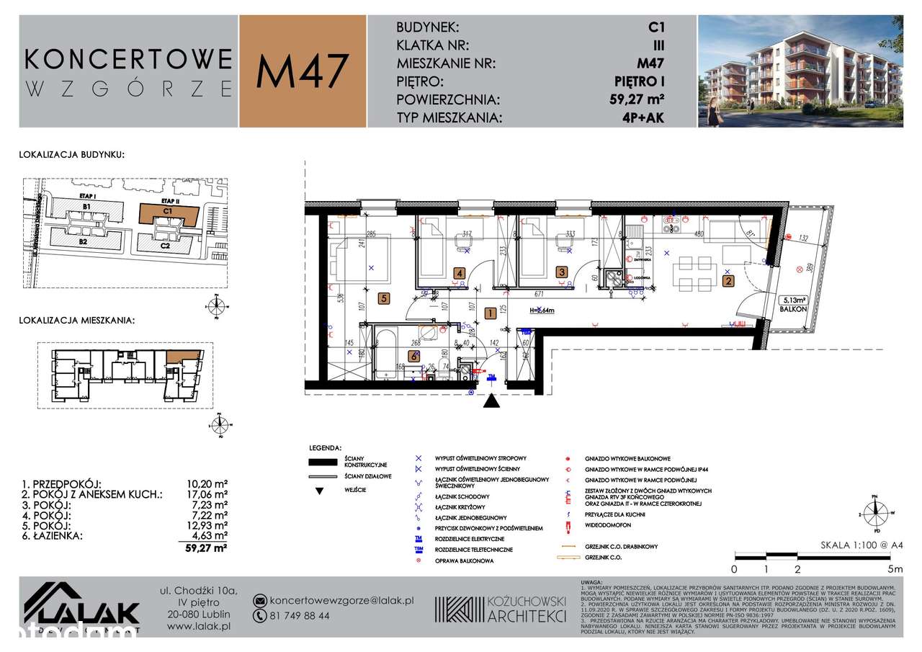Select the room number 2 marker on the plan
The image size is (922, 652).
click(728, 282)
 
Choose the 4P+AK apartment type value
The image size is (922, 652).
click(645, 118)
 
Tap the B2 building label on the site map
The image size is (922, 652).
click(83, 242)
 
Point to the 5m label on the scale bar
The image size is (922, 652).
click(895, 568)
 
